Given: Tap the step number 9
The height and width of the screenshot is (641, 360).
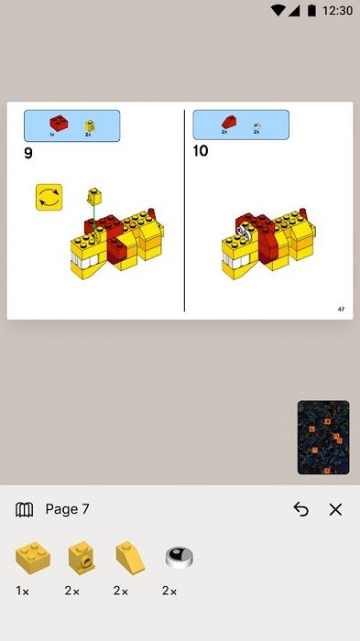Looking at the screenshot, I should coord(28,153).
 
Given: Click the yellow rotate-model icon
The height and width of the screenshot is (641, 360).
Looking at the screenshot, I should coord(48,197).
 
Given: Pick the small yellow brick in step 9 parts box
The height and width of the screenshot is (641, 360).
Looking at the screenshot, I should coord(89,125).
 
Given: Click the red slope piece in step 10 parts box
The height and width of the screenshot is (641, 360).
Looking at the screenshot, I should coord(226,122).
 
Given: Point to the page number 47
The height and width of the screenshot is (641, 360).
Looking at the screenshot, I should coord(341,310).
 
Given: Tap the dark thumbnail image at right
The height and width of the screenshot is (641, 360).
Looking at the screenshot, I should coord(323,438).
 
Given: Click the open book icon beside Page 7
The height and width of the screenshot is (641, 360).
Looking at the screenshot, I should coord(25,510).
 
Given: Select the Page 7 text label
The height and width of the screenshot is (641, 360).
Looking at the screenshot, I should coord(67,510).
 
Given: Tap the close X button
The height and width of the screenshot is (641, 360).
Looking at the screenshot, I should coord(335,510).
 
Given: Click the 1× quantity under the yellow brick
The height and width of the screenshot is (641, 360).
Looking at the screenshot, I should coord(22,592).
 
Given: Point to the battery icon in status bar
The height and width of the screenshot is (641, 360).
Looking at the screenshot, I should coord(312,10).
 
